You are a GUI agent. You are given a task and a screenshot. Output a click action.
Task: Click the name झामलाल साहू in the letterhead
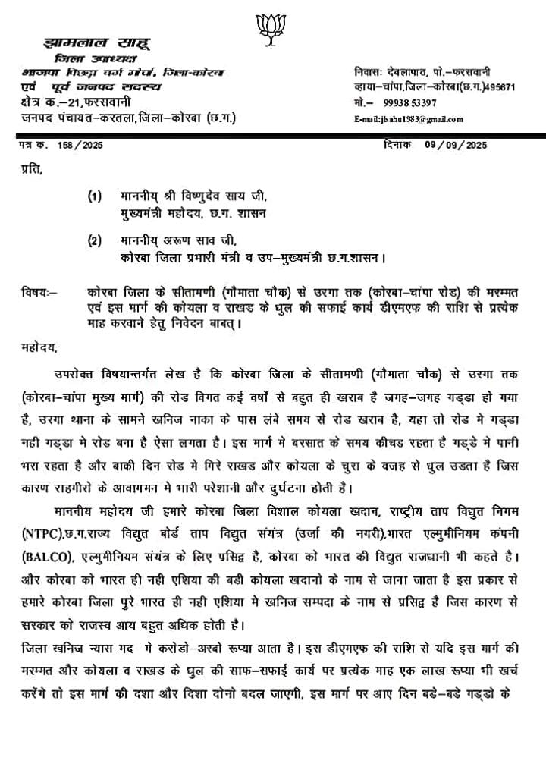pos(92,45)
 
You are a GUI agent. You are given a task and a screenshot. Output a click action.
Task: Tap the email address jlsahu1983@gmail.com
pos(408,120)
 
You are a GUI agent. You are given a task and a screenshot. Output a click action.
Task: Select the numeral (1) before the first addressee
pos(93,196)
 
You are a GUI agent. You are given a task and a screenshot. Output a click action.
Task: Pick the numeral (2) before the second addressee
pos(93,241)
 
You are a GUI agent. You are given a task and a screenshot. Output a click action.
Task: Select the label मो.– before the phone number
pos(363,102)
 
